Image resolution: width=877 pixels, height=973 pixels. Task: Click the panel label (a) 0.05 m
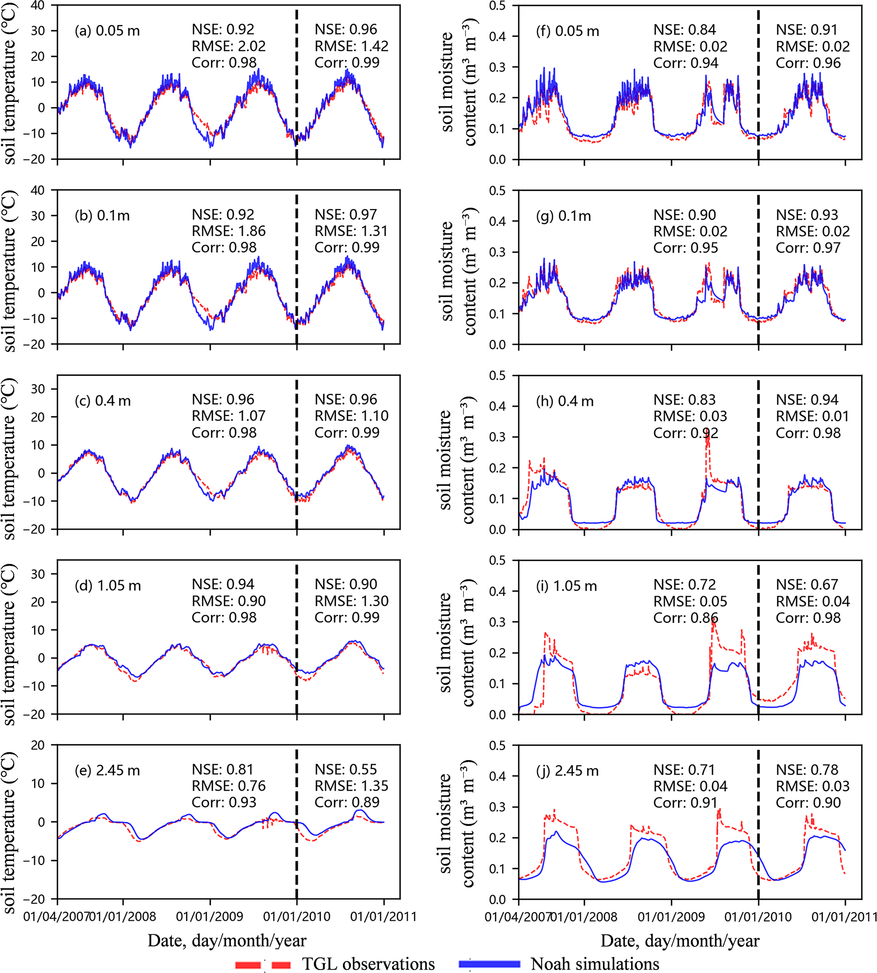tap(107, 31)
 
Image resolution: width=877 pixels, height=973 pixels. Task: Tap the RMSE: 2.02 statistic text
tap(228, 46)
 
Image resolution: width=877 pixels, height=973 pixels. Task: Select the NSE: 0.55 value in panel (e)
tap(345, 770)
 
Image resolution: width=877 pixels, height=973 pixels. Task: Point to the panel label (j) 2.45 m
tap(567, 771)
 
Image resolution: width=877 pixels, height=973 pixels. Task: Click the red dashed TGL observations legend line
tap(263, 964)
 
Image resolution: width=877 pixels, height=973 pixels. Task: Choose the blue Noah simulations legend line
tap(489, 964)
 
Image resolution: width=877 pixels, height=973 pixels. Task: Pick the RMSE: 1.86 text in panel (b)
tap(228, 231)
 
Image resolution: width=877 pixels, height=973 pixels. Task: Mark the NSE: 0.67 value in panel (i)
tap(807, 585)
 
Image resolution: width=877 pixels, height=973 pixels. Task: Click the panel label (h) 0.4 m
tap(565, 401)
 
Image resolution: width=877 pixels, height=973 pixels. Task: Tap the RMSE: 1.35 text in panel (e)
tap(351, 786)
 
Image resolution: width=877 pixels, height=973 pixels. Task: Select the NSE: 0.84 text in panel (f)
tap(684, 30)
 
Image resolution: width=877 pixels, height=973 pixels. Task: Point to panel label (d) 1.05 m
tap(108, 586)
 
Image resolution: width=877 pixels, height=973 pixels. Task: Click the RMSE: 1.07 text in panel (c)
tap(228, 416)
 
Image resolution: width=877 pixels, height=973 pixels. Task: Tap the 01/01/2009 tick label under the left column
tap(209, 917)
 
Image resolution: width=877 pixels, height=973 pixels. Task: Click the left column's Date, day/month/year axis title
tap(227, 940)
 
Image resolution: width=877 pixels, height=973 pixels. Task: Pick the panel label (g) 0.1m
tap(563, 216)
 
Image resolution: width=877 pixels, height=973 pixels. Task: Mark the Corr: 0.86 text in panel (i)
tap(685, 618)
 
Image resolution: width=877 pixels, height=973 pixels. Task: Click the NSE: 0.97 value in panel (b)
tap(345, 215)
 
